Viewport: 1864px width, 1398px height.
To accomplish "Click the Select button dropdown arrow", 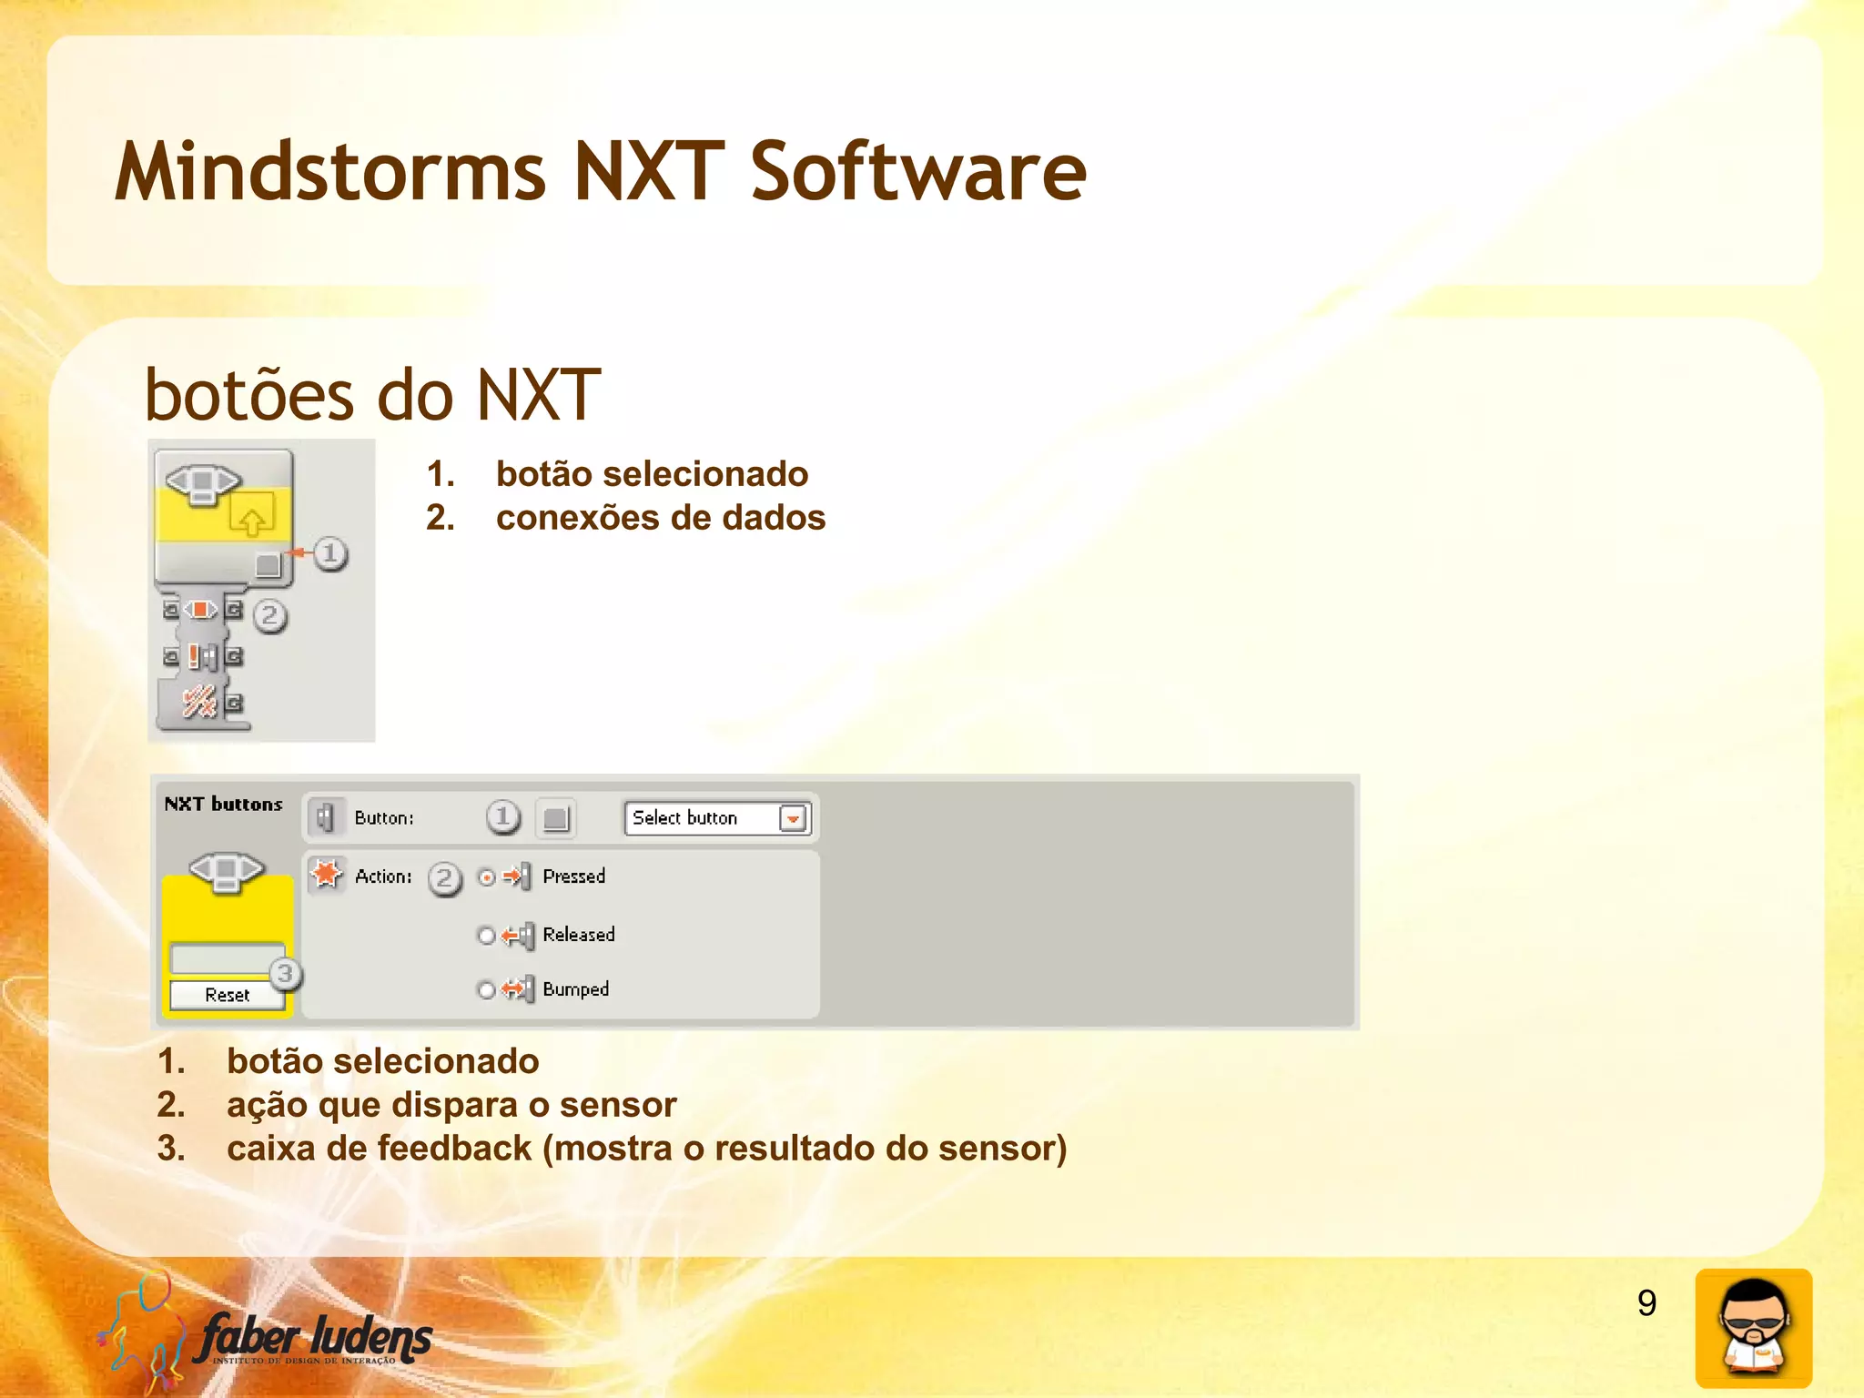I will (x=793, y=818).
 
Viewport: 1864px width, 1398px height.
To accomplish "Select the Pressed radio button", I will (x=487, y=877).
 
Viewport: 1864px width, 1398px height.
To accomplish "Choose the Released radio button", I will (x=486, y=936).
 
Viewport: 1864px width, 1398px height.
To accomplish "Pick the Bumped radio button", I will (x=486, y=990).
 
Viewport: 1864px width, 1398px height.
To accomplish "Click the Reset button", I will (x=227, y=995).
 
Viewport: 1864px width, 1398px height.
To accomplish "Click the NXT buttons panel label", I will (x=223, y=805).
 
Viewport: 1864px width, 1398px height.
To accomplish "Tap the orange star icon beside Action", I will (x=326, y=875).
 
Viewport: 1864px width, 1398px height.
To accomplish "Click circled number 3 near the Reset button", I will (x=285, y=974).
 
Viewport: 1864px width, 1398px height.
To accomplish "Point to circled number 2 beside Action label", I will (x=444, y=878).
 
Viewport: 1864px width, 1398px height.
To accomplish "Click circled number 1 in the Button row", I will (x=502, y=817).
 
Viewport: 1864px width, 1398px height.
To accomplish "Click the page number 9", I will (x=1646, y=1303).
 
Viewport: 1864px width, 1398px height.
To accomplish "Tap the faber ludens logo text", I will (x=314, y=1338).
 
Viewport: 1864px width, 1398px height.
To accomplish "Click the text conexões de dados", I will (x=660, y=518).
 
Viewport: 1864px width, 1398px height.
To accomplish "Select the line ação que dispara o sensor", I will (x=451, y=1105).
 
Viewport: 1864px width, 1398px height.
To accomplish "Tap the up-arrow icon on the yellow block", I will (x=251, y=518).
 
